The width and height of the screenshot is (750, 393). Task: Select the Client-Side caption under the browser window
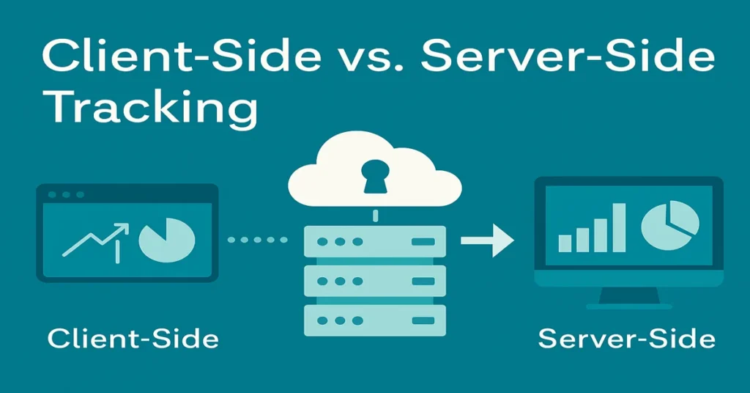(x=133, y=339)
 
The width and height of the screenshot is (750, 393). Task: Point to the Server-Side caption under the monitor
(x=626, y=339)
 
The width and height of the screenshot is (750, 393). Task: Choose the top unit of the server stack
(x=374, y=240)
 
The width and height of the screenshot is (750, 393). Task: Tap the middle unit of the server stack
(x=374, y=280)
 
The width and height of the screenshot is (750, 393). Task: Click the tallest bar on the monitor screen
(x=618, y=227)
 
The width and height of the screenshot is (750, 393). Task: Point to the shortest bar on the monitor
(x=565, y=243)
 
